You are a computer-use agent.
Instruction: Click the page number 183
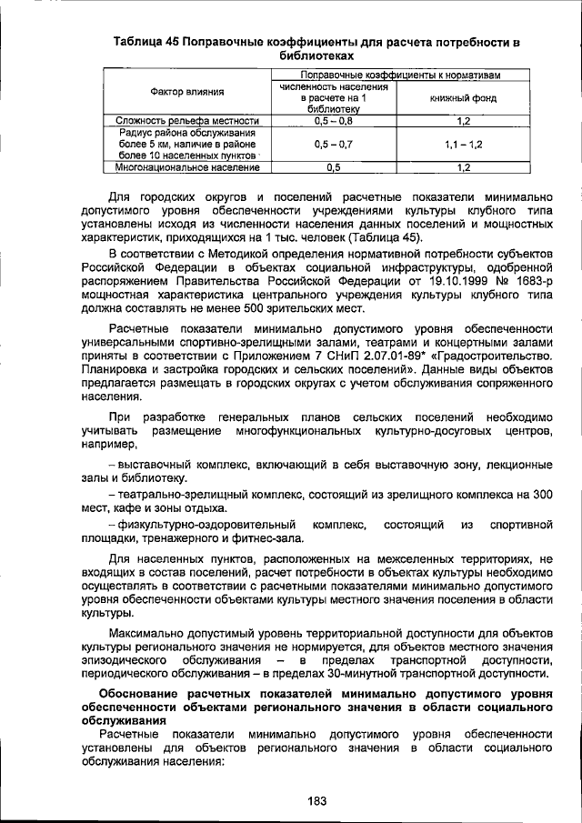(316, 800)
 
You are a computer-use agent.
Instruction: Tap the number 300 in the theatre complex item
(542, 494)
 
